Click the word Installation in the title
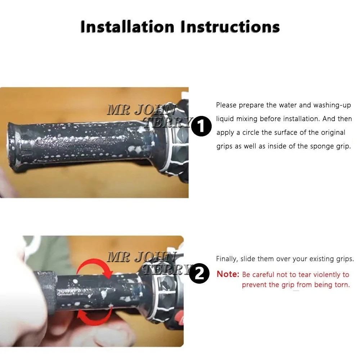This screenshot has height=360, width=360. (x=127, y=27)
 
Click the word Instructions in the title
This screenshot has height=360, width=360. (x=230, y=27)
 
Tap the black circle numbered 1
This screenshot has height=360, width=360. (x=201, y=126)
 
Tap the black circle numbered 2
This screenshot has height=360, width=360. (x=199, y=273)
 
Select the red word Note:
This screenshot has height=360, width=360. (x=228, y=274)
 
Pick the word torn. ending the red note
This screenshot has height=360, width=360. (x=342, y=285)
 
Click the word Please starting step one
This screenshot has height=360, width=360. (x=226, y=105)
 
